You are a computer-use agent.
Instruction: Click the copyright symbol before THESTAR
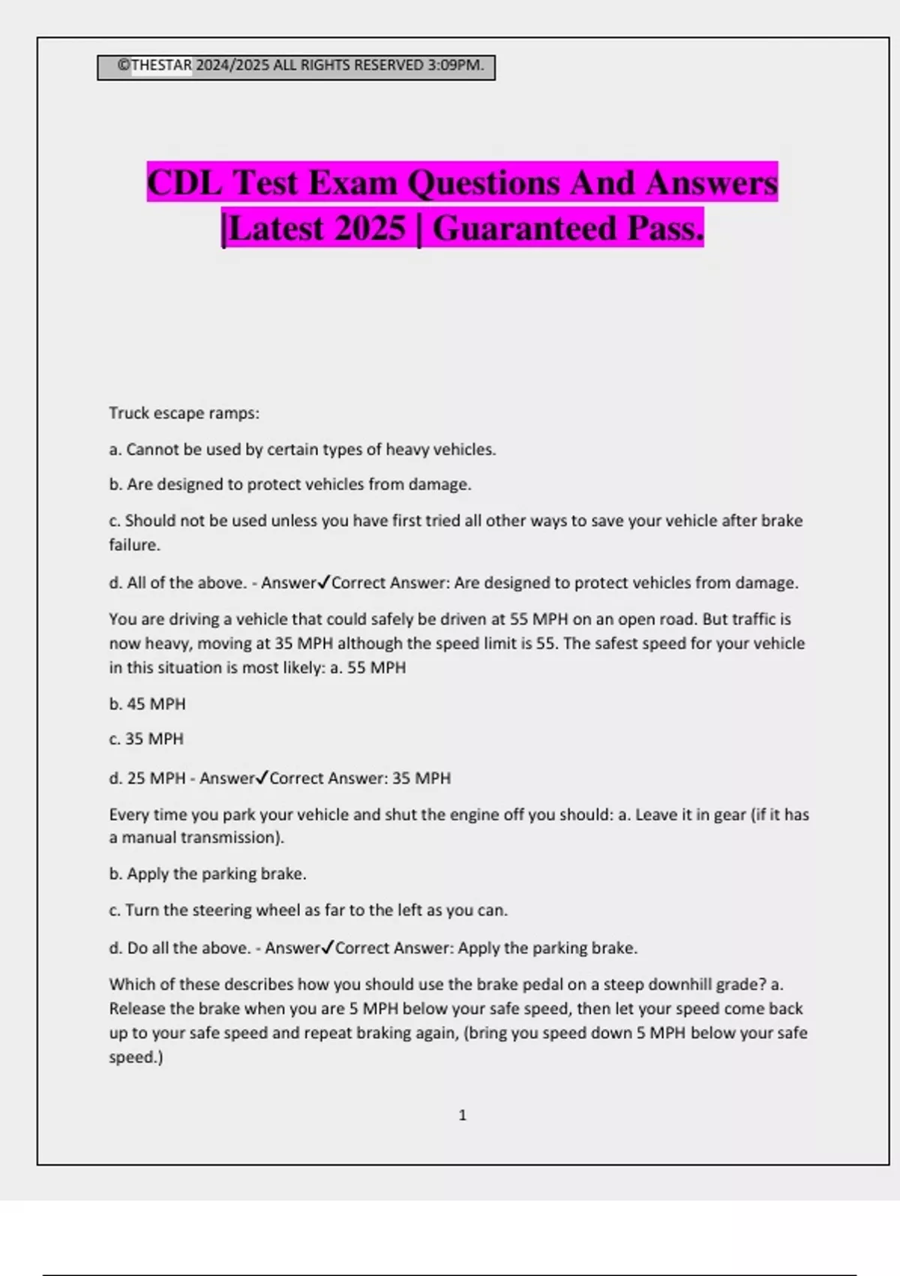pyautogui.click(x=124, y=65)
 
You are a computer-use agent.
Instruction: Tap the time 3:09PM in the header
pyautogui.click(x=455, y=65)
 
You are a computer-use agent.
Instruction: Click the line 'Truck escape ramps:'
pyautogui.click(x=184, y=413)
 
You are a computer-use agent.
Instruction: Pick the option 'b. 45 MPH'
pyautogui.click(x=147, y=704)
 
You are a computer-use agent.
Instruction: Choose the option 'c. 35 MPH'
pyautogui.click(x=146, y=739)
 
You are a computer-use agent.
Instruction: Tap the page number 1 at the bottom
pyautogui.click(x=462, y=1115)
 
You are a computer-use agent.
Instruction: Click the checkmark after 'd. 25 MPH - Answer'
pyautogui.click(x=262, y=778)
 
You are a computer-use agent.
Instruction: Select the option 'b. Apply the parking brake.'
pyautogui.click(x=208, y=874)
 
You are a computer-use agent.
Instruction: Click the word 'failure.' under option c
pyautogui.click(x=134, y=545)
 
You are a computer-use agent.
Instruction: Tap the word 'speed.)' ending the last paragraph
pyautogui.click(x=136, y=1057)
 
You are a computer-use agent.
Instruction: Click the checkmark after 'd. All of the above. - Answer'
pyautogui.click(x=324, y=582)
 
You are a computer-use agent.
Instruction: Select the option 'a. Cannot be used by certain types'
pyautogui.click(x=302, y=450)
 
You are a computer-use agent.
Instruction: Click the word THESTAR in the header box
pyautogui.click(x=161, y=65)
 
